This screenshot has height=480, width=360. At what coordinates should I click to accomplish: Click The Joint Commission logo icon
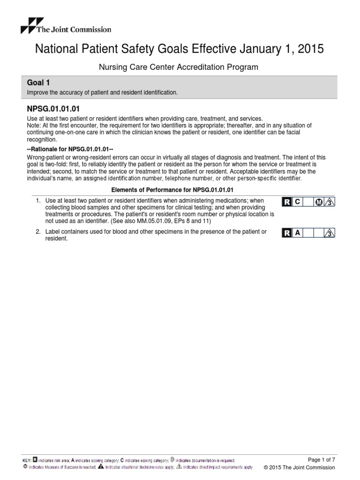32,25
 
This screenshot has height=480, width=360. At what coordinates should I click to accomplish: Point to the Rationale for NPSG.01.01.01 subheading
68,149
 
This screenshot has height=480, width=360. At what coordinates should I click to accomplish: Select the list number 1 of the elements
38,201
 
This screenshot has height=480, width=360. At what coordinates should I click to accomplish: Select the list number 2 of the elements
38,232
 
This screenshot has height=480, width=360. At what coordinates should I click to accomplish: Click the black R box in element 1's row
286,202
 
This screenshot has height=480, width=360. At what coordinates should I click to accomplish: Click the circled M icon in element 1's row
319,202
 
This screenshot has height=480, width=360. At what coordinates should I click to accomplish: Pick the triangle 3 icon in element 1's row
330,202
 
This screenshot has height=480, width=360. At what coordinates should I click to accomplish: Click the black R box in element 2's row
286,233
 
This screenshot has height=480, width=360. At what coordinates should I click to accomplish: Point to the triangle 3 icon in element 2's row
330,233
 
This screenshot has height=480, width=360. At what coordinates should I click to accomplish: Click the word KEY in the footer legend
27,461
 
